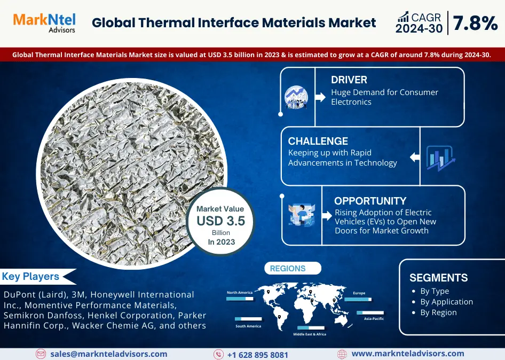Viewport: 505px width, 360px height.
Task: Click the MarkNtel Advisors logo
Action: tap(44, 23)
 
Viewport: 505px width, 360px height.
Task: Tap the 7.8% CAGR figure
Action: tap(475, 23)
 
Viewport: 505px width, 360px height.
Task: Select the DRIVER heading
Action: tap(349, 80)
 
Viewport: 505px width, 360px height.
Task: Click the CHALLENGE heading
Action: tap(318, 141)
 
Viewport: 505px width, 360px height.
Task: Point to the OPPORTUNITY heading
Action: tap(370, 201)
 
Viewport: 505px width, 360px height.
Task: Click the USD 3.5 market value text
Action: tap(221, 221)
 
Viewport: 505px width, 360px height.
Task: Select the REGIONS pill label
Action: tap(288, 269)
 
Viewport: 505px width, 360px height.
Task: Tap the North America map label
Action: tap(240, 293)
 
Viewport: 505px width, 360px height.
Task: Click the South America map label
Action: tap(248, 326)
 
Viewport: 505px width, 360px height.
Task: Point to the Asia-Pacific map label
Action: tap(374, 318)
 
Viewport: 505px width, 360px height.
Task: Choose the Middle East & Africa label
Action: tap(310, 334)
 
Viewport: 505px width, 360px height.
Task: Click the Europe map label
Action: tap(359, 293)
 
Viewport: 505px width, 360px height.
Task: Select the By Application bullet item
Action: tap(446, 302)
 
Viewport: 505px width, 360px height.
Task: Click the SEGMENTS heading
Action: tap(439, 278)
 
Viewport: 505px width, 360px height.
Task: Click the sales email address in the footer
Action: tap(108, 354)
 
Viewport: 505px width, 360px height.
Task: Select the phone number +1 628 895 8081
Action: tap(258, 355)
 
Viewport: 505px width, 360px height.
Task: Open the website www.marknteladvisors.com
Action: tap(408, 354)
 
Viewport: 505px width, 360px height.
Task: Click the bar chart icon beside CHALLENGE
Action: tap(440, 158)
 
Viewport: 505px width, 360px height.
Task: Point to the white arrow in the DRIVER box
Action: tap(320, 97)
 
